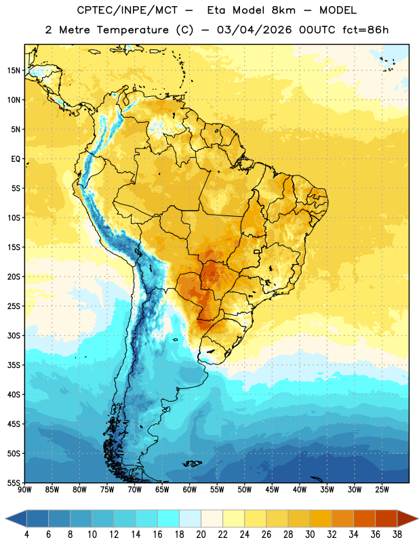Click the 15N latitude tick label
[14, 70]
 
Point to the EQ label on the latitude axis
[16, 159]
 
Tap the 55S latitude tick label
[14, 483]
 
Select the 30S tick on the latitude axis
[14, 335]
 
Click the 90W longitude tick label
[24, 490]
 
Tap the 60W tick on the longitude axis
[190, 490]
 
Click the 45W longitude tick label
[272, 490]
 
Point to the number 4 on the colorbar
[26, 535]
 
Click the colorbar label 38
[397, 535]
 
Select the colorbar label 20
[201, 535]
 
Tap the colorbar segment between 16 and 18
[169, 518]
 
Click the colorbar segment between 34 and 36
[364, 518]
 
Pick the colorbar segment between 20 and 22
[212, 518]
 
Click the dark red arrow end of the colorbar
[407, 518]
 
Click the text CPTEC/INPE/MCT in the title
[127, 10]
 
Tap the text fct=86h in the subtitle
[365, 30]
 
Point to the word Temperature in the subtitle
[132, 30]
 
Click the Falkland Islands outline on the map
[192, 463]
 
